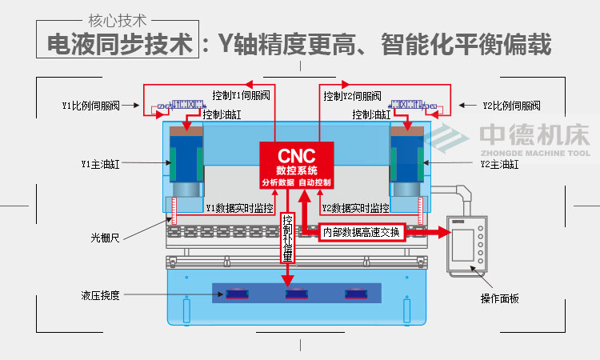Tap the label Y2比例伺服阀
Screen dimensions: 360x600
pos(512,105)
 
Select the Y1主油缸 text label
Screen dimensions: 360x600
pos(98,164)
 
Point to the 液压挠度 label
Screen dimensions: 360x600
pos(100,294)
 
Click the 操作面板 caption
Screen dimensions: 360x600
pos(499,298)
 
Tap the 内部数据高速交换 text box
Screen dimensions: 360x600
pos(360,231)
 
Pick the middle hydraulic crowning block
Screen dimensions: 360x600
pos(297,294)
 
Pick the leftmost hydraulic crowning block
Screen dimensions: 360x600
pos(236,294)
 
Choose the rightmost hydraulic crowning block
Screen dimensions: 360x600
pos(358,294)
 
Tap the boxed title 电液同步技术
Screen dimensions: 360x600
pos(120,44)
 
